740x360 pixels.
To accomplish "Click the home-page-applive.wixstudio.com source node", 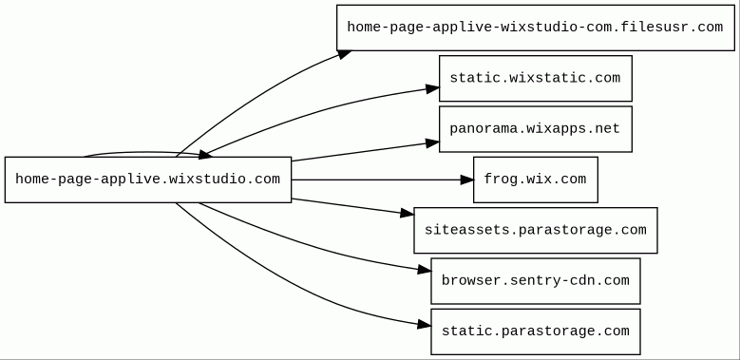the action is [x=148, y=180].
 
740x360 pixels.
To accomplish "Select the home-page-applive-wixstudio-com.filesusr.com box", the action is [x=535, y=28].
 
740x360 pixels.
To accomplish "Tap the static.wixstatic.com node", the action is [x=535, y=78].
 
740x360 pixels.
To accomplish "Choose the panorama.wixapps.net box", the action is [x=535, y=129].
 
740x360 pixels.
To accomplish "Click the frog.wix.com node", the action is [x=535, y=180].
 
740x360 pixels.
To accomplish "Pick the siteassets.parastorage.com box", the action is [x=535, y=230].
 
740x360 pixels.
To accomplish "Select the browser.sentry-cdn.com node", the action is [x=535, y=281].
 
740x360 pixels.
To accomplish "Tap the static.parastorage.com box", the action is [x=535, y=332].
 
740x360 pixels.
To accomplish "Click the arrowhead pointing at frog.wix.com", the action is [x=466, y=180].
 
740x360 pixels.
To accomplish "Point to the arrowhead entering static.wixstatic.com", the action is [x=433, y=88].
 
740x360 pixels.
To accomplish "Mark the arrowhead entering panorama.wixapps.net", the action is [x=433, y=143].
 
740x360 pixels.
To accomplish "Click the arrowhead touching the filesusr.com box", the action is [x=345, y=54].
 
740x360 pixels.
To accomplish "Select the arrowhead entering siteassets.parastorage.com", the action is [x=408, y=214].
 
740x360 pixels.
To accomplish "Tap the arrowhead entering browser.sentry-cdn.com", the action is [x=425, y=271].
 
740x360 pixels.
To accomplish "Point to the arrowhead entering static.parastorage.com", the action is [x=425, y=325].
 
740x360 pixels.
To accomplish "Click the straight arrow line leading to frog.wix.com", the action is [x=375, y=180].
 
